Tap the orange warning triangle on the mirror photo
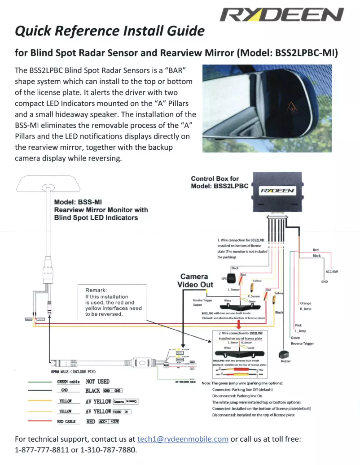(293, 108)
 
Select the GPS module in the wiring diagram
(233, 278)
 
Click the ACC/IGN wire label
(332, 272)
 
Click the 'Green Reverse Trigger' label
(302, 340)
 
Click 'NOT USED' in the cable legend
(97, 382)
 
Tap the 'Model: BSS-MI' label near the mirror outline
(79, 202)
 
